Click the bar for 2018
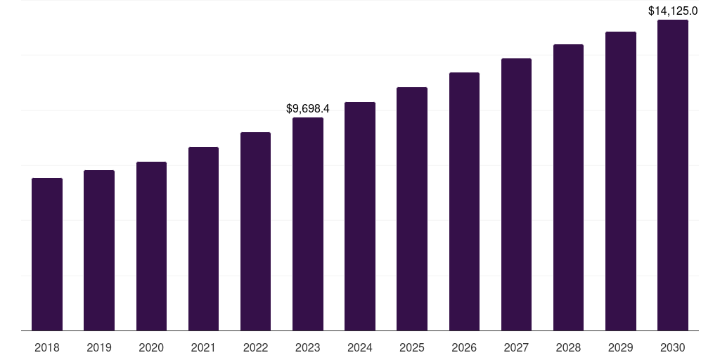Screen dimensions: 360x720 pos(47,254)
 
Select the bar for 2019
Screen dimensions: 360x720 pos(99,250)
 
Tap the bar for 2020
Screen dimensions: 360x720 pos(151,246)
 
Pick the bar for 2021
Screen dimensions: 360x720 pos(203,238)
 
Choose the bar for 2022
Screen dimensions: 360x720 pos(255,231)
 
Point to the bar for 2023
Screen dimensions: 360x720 pos(308,224)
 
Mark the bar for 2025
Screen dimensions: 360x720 pos(412,209)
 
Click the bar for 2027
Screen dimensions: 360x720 pos(516,194)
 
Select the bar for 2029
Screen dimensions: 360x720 pos(621,181)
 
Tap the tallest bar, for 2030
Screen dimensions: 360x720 pos(673,175)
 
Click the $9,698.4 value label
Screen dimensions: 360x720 pos(308,109)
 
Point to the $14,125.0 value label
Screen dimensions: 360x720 pos(673,11)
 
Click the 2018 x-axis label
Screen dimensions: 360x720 pos(47,347)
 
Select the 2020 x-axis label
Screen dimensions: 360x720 pos(151,347)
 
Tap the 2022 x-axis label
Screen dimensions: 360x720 pos(255,347)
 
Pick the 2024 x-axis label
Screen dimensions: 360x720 pos(360,347)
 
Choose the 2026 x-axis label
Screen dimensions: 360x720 pos(464,347)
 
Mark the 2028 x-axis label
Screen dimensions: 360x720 pos(568,347)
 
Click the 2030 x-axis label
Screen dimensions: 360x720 pos(673,347)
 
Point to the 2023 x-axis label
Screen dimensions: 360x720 pos(308,347)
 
